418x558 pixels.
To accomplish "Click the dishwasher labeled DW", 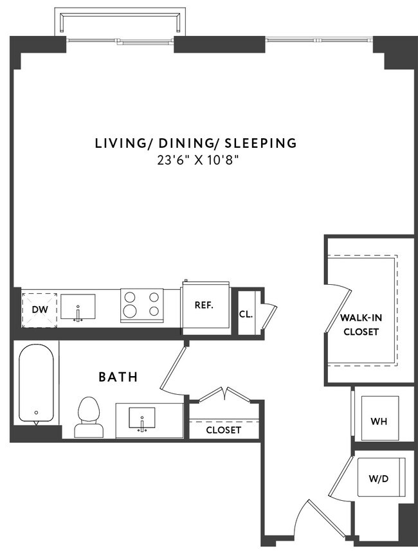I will tap(40, 309).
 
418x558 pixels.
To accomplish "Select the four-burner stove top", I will tap(141, 305).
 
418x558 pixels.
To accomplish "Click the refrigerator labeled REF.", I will tap(204, 305).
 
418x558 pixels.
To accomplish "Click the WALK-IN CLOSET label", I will tap(361, 325).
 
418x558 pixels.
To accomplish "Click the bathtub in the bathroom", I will tap(36, 384).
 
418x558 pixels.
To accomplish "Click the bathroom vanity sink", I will tap(141, 420).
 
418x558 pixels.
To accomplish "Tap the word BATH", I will tap(118, 377).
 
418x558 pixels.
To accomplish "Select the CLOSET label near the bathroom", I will tap(223, 429).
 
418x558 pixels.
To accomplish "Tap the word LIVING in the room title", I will tap(117, 143).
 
